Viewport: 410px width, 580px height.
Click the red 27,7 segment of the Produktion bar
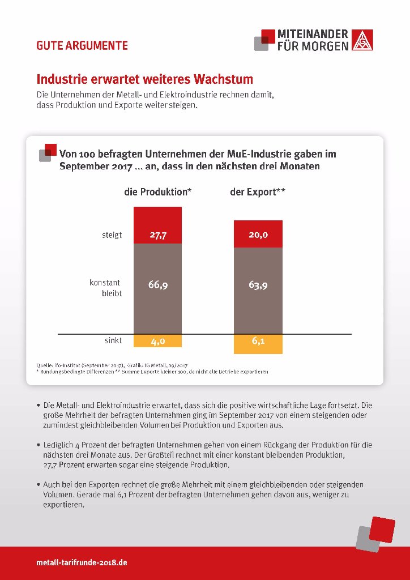(x=157, y=225)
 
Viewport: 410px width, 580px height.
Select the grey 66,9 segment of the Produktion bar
(x=157, y=289)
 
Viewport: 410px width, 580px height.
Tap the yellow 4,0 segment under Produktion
(x=157, y=340)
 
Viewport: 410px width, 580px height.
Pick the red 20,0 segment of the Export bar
(x=258, y=234)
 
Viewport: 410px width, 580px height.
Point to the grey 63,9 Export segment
(x=258, y=291)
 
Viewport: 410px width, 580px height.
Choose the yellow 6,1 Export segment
(x=258, y=344)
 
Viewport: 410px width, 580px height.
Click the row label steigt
(x=112, y=235)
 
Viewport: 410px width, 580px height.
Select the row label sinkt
(x=113, y=340)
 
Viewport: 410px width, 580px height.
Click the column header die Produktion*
(x=157, y=193)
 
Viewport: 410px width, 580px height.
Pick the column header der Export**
(x=258, y=193)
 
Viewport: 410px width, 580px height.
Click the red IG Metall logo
(x=362, y=40)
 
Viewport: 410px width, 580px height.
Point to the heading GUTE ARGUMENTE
(x=82, y=45)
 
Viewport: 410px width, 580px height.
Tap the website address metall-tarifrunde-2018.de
(x=82, y=562)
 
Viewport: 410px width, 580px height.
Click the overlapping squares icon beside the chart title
(x=48, y=152)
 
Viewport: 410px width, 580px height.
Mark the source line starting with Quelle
(x=114, y=365)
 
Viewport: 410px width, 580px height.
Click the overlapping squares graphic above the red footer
(x=375, y=534)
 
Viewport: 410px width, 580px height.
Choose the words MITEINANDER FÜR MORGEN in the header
(x=313, y=40)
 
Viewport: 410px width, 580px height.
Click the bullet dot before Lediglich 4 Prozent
(x=39, y=444)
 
